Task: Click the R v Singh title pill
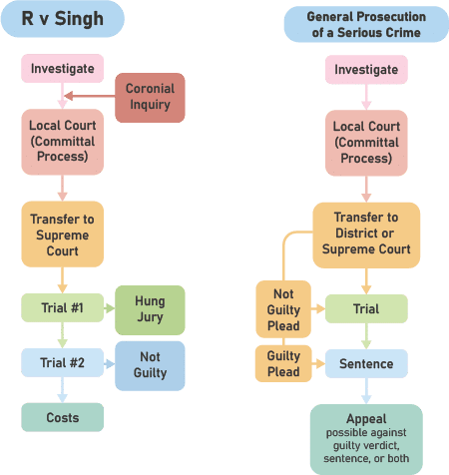pos(63,19)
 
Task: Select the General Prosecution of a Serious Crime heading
pos(366,24)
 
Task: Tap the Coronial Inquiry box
pos(150,98)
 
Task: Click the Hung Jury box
pos(150,310)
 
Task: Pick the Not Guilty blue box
pos(150,366)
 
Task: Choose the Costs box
pos(63,417)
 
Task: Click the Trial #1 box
pos(63,307)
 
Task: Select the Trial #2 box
pos(63,362)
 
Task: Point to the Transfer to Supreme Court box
pos(63,235)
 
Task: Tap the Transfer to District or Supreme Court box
pos(366,236)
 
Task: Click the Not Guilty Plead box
pos(283,309)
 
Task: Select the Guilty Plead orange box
pos(283,363)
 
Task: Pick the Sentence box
pos(366,363)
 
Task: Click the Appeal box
pos(366,439)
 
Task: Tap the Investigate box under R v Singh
pos(63,69)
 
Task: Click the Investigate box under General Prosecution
pos(366,70)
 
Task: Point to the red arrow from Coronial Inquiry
pos(90,96)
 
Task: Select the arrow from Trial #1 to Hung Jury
pos(110,308)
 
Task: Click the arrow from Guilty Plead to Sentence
pos(318,363)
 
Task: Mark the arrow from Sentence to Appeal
pos(366,391)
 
